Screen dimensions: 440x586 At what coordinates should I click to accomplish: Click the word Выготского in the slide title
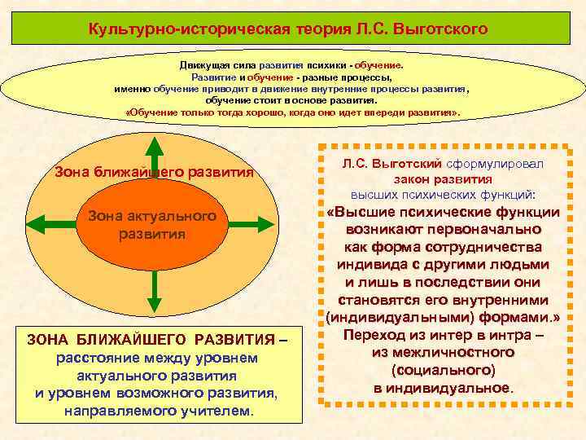pos(440,30)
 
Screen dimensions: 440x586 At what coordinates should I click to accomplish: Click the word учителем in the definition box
pos(219,411)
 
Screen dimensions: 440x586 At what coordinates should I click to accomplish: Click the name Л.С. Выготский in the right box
pos(387,164)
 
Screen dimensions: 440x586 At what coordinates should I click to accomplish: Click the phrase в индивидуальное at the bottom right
pos(443,388)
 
